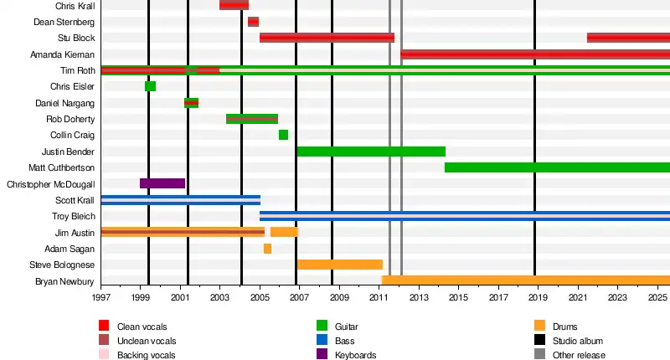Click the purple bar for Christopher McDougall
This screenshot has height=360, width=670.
tap(162, 183)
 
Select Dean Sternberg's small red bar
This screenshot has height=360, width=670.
tap(253, 22)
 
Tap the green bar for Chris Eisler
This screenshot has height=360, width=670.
tap(150, 86)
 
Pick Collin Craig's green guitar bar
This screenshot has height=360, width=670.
tap(283, 135)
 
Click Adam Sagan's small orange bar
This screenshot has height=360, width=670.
tap(267, 249)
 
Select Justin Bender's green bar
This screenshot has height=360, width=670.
tap(371, 152)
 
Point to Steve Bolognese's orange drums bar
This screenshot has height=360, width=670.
tap(340, 265)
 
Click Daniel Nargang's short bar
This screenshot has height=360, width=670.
tap(191, 103)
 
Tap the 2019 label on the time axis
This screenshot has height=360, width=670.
tap(535, 297)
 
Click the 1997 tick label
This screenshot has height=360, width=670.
tap(101, 297)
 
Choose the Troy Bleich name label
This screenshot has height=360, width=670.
tap(74, 216)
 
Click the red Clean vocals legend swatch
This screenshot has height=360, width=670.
tap(104, 326)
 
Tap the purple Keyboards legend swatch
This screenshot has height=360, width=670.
tap(322, 354)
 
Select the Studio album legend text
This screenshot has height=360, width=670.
tap(579, 341)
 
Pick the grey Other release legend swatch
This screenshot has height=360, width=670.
tap(539, 354)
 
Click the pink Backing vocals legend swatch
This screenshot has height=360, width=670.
tap(104, 354)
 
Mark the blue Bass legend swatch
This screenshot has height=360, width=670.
tap(322, 341)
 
